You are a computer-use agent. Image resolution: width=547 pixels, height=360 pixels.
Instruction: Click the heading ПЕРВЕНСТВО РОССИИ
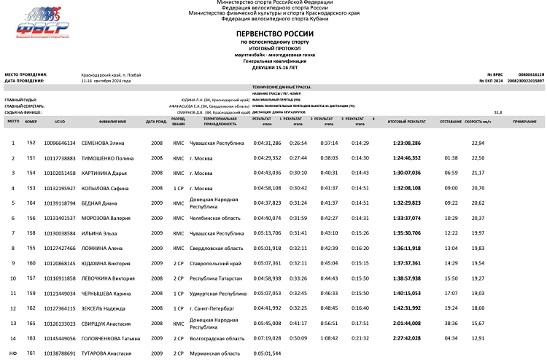273,34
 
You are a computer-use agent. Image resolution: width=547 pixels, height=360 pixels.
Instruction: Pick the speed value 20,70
478,188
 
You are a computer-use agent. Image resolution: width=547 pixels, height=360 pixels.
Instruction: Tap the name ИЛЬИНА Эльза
98,233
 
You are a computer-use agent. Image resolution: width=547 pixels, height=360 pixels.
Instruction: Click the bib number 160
31,263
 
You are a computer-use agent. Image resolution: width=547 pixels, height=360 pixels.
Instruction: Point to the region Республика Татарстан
215,278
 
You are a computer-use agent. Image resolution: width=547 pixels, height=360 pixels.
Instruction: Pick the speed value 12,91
478,338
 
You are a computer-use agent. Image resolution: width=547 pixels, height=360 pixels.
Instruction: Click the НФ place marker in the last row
12,353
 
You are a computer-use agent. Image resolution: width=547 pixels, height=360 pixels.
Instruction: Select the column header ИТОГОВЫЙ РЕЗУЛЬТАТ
407,121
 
